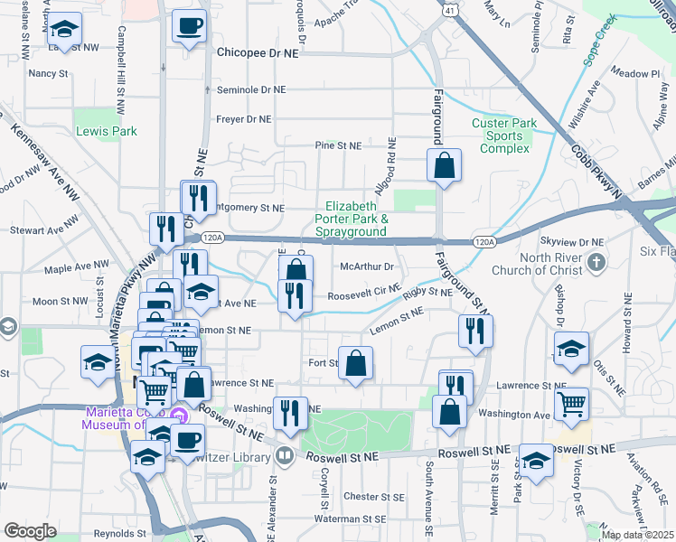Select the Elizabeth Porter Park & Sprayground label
[357, 219]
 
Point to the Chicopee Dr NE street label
[258, 53]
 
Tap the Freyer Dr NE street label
[244, 119]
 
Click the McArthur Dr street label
[367, 266]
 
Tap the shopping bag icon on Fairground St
[444, 166]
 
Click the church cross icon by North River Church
[596, 263]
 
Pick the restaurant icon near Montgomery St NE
[199, 198]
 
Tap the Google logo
[30, 531]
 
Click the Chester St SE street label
[372, 497]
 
